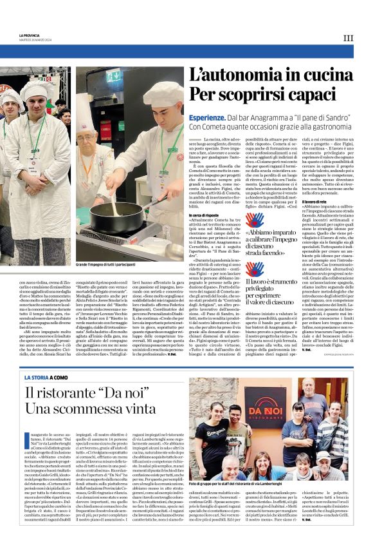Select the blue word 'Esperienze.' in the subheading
206,119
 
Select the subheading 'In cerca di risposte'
204,215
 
